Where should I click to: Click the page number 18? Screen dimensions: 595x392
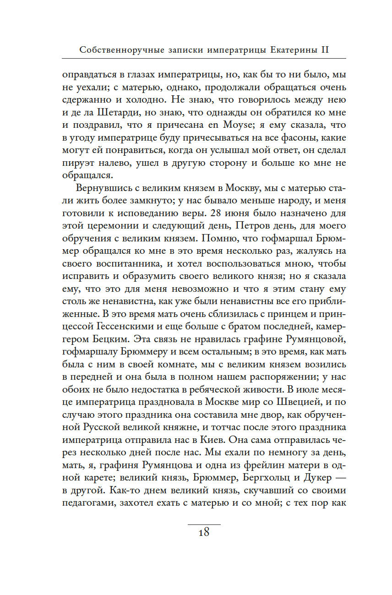point(204,532)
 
